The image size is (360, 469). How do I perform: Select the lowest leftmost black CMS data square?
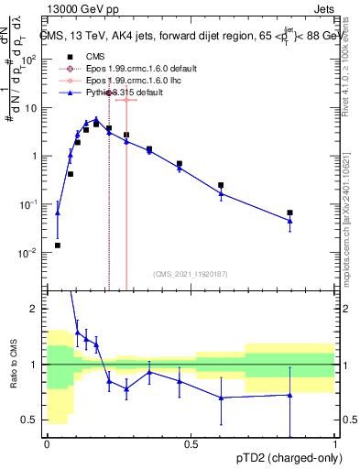57,245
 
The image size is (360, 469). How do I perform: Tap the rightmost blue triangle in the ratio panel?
289,395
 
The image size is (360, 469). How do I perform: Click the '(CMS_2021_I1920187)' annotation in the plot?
190,274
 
